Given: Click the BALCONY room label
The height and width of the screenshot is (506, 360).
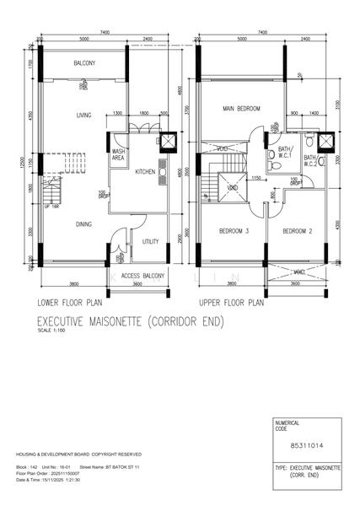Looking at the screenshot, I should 83,64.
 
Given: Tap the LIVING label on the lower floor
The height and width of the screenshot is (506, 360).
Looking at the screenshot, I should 83,116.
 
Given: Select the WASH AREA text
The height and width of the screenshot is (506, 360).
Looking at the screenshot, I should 119,155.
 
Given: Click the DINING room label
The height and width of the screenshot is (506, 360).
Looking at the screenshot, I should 83,225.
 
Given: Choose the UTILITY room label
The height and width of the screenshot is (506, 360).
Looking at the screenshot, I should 151,242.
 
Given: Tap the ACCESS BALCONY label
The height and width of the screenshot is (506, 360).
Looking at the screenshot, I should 142,275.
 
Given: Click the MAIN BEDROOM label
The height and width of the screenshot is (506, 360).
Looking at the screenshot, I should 241,109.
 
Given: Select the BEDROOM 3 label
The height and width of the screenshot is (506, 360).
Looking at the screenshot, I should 233,231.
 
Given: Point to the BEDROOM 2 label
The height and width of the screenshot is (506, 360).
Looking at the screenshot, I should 297,231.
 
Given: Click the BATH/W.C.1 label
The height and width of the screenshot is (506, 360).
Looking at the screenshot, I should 286,153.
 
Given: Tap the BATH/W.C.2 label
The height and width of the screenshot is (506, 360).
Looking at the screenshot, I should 310,160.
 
